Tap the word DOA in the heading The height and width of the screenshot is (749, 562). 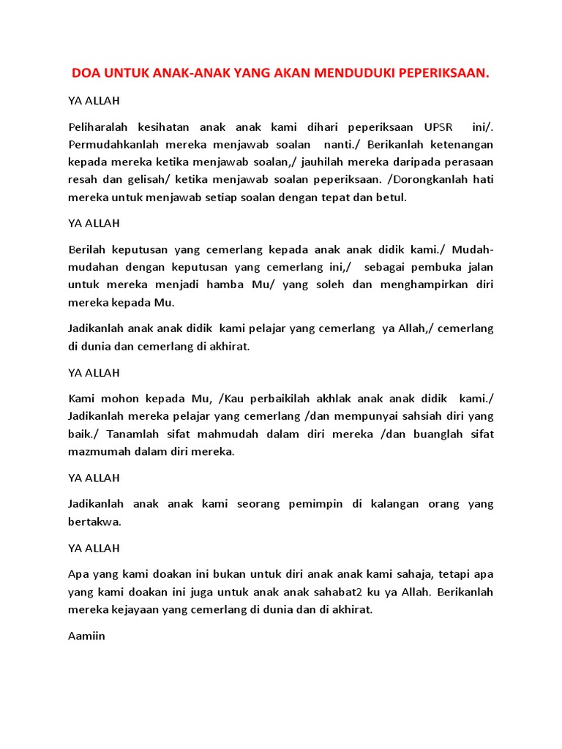(84, 74)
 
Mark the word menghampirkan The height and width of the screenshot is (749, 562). (423, 285)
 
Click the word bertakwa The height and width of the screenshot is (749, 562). (94, 522)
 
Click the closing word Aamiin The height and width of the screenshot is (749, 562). (86, 636)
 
